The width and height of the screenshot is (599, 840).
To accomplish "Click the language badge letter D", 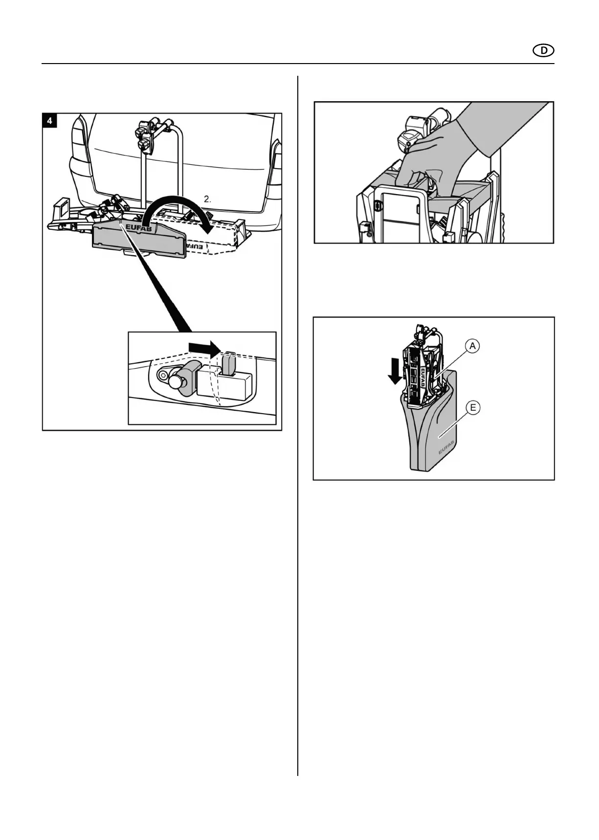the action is click(x=543, y=50).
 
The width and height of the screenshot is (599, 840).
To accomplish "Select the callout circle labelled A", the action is click(x=472, y=346).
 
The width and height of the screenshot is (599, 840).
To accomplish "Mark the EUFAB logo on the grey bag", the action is click(x=445, y=447).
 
